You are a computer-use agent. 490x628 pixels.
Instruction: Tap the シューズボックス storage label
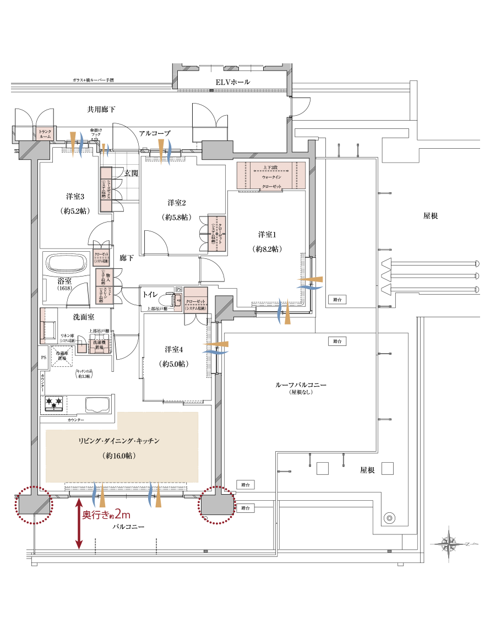click(106, 189)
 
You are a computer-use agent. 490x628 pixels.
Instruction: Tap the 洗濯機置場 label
click(100, 346)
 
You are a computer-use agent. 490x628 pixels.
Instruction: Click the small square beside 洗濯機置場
click(82, 348)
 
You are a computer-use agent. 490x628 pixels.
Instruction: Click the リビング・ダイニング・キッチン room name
click(119, 441)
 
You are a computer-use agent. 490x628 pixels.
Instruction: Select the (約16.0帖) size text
click(119, 456)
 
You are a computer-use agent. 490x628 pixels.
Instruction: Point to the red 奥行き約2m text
click(106, 515)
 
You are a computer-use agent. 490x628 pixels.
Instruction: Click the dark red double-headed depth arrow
click(79, 523)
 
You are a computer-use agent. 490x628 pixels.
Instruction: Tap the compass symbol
click(449, 544)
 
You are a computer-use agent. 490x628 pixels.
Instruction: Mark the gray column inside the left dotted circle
click(34, 504)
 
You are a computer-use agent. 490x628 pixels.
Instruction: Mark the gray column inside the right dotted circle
click(216, 504)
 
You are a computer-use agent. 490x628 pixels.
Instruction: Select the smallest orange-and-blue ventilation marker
click(104, 149)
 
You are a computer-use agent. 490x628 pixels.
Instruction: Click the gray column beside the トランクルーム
click(34, 150)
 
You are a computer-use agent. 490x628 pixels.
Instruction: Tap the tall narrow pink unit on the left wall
click(42, 325)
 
